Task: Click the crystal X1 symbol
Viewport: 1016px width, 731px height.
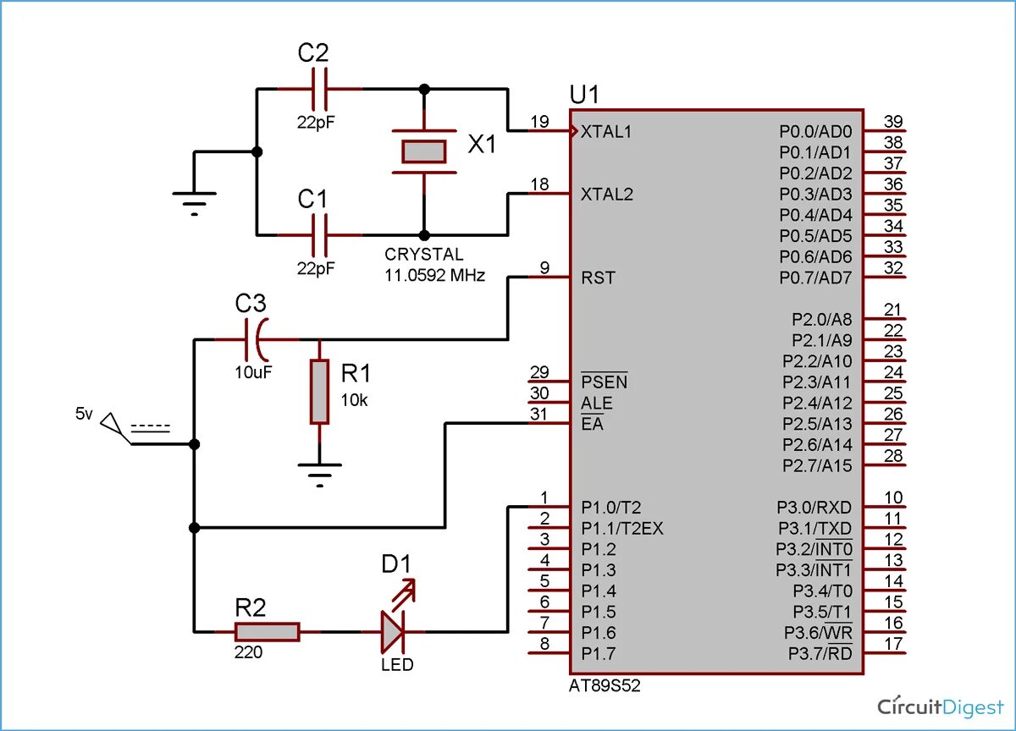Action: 423,151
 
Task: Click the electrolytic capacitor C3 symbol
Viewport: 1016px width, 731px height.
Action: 257,340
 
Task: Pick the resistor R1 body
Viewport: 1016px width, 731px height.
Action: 319,392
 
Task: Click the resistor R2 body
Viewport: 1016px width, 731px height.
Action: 267,631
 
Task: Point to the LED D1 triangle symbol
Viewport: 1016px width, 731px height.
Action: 393,630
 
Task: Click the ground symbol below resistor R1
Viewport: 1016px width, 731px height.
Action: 319,472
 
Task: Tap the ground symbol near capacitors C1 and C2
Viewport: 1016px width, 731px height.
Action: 195,201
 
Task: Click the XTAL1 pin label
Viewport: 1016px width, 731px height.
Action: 607,132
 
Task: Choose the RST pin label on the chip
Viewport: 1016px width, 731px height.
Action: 599,278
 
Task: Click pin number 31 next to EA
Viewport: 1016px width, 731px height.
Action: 539,414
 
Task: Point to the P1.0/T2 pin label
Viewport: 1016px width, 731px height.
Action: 611,508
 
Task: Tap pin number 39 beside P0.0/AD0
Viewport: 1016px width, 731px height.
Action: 892,121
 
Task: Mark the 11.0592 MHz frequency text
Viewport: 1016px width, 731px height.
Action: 435,275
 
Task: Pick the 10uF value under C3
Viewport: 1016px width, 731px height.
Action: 253,371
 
